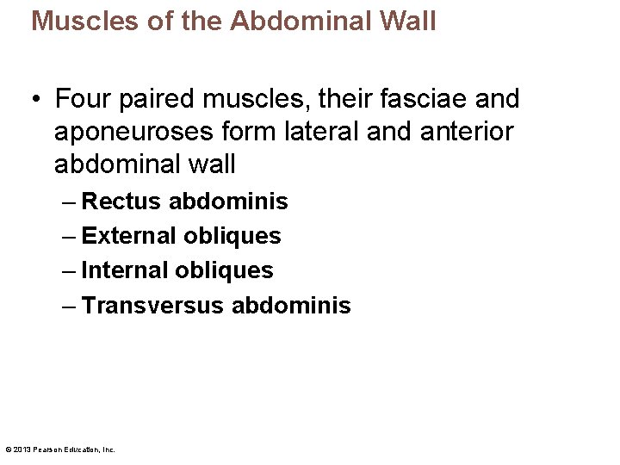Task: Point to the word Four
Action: coord(81,100)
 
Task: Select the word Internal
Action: coord(125,270)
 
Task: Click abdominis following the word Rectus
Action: coord(228,201)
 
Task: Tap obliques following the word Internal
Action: coord(224,270)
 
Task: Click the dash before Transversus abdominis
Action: coord(69,305)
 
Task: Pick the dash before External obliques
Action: coord(69,236)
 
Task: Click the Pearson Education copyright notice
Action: coord(59,449)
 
